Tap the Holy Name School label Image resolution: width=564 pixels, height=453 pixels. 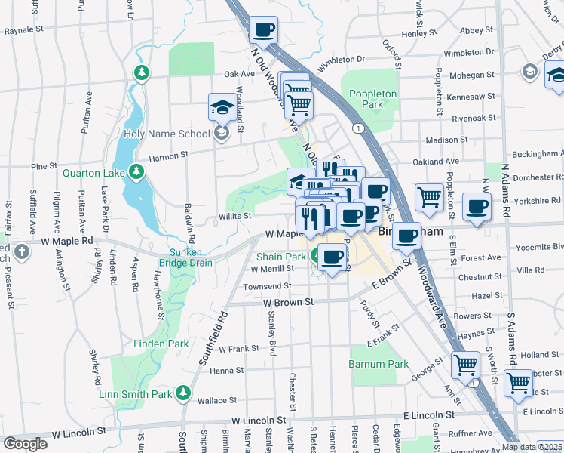click(166, 134)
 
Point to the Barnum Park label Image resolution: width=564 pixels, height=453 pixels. click(379, 364)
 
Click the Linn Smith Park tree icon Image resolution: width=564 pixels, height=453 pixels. click(182, 393)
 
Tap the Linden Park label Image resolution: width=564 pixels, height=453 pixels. click(161, 344)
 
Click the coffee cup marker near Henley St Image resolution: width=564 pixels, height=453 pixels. click(263, 31)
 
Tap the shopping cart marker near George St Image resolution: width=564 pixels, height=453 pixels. click(466, 365)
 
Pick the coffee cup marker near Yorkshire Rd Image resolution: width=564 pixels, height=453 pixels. click(475, 207)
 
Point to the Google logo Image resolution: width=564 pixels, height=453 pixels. click(26, 444)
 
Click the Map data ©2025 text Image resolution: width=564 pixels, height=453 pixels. click(532, 447)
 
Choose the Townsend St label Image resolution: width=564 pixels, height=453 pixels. click(267, 286)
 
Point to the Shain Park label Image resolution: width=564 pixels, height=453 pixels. click(281, 257)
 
